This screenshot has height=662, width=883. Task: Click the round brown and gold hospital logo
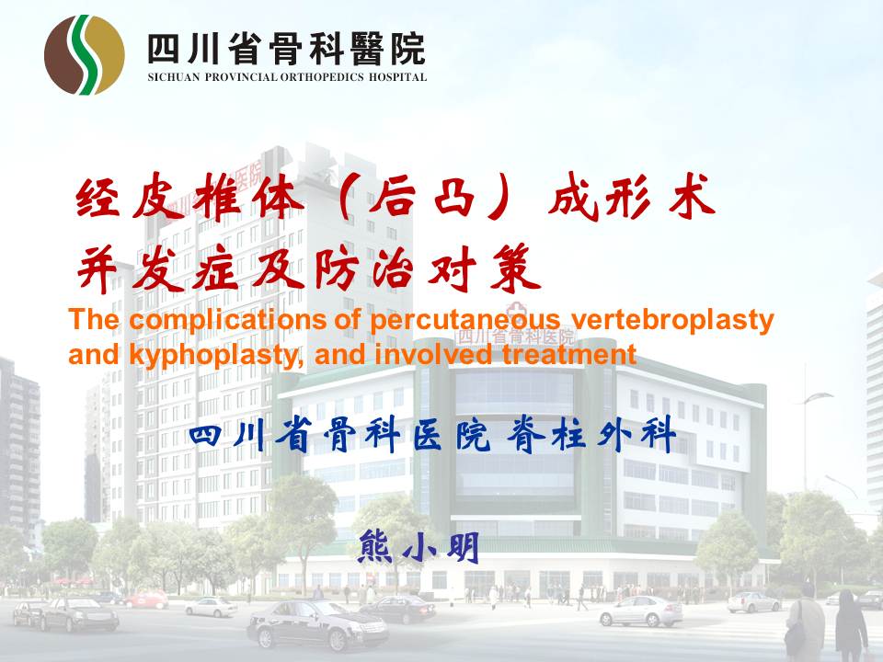[x=85, y=54]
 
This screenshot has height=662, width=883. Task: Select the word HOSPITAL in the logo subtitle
[x=397, y=77]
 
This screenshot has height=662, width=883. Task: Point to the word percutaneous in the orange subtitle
[x=465, y=320]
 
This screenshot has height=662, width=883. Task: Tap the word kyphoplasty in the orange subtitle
[x=216, y=356]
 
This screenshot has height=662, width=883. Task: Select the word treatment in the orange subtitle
[x=569, y=355]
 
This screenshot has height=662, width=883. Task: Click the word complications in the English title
[x=226, y=320]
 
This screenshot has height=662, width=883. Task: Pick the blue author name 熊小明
[x=419, y=546]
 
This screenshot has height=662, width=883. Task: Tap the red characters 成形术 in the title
[x=632, y=198]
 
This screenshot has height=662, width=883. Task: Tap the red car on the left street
[x=146, y=599]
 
